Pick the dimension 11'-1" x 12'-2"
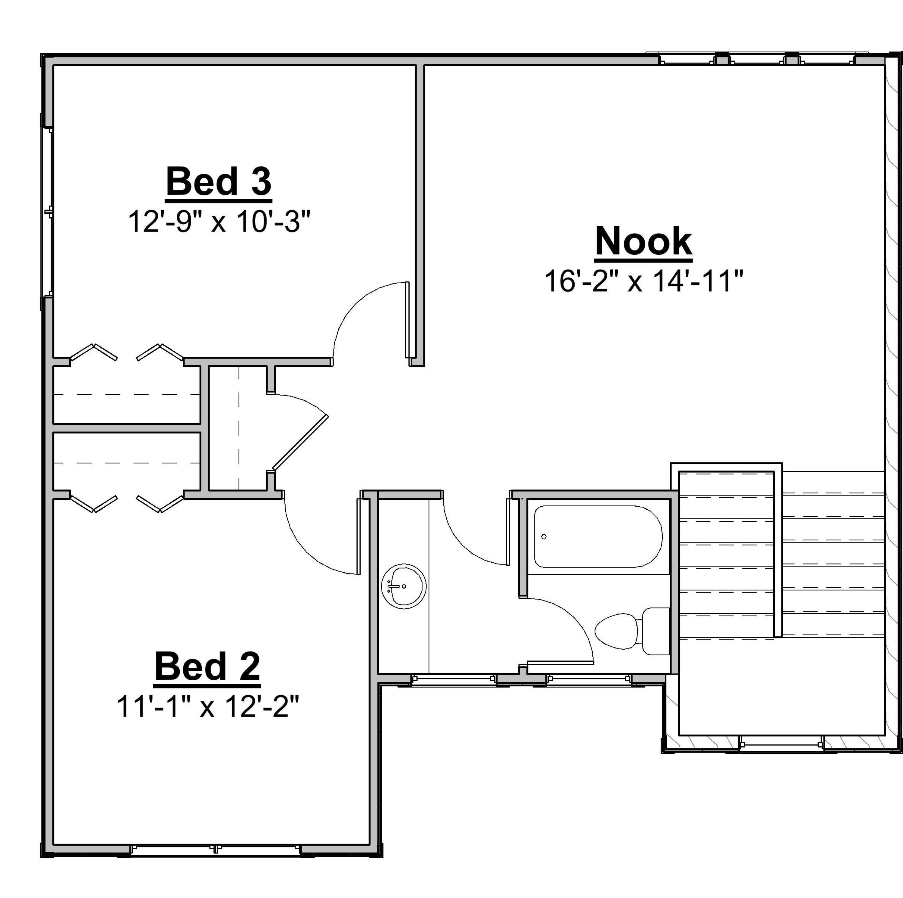(207, 707)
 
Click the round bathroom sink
(404, 586)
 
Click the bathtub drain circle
(544, 537)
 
